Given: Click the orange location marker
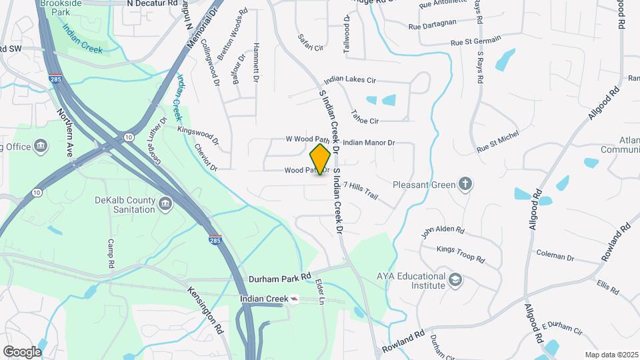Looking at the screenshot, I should click(x=321, y=159).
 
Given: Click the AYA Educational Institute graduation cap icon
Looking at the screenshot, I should click(x=455, y=279).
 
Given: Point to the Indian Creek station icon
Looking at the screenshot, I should click(x=294, y=300).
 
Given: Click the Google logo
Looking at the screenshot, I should click(x=22, y=351).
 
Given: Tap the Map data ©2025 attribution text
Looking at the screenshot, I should click(x=611, y=355).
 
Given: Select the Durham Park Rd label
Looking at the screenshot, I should click(x=280, y=277).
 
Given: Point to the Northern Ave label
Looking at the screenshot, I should click(x=64, y=132).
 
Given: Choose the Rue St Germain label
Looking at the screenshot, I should click(x=475, y=43).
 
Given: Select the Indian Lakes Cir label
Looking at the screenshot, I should click(x=350, y=80).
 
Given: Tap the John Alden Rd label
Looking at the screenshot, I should click(x=443, y=231).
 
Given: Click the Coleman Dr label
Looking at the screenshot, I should click(x=555, y=255).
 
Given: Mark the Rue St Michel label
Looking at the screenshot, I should click(x=497, y=144).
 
